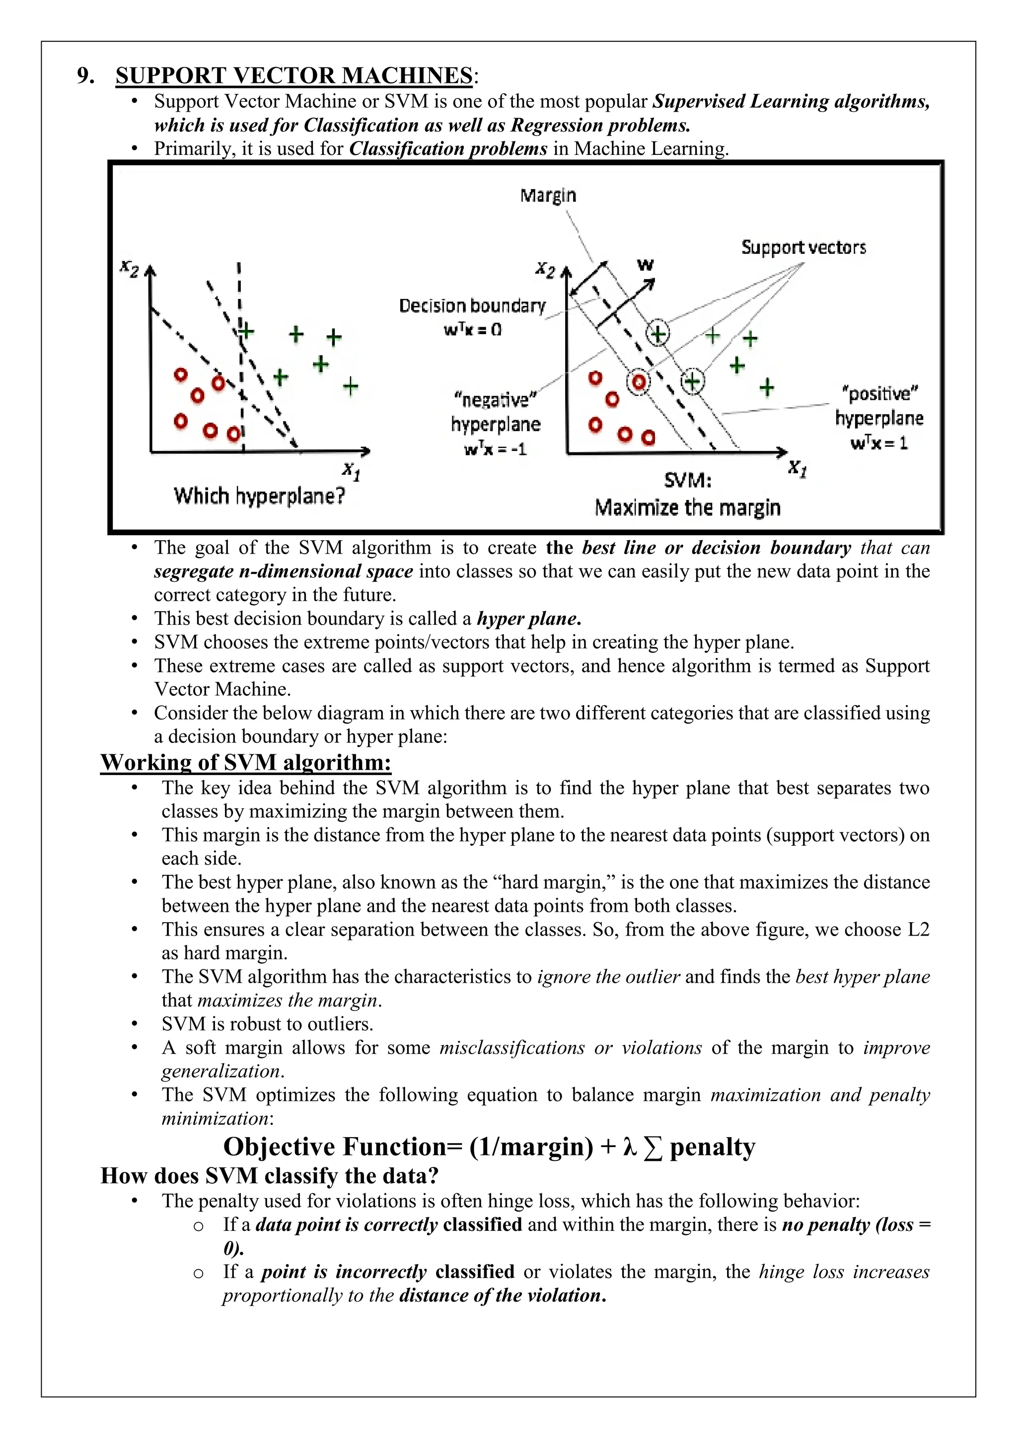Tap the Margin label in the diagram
(548, 196)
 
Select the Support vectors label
(803, 247)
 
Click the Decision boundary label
(472, 306)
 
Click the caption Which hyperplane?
(259, 496)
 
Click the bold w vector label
(645, 265)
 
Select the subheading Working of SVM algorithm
(245, 762)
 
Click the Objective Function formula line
(489, 1147)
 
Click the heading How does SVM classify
(269, 1176)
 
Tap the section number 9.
(86, 76)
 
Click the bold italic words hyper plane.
(528, 619)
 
